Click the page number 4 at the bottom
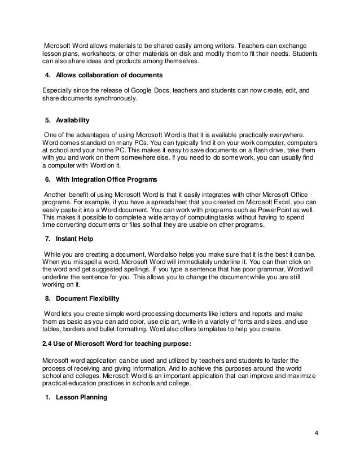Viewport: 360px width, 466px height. click(317, 433)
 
